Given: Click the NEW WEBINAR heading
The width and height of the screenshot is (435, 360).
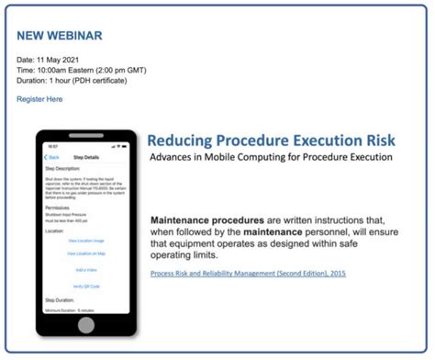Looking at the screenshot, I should pos(60,36).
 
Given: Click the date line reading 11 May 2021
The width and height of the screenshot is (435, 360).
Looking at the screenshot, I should pos(56,60).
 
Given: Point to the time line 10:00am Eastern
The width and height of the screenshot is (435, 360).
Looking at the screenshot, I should pos(81,70).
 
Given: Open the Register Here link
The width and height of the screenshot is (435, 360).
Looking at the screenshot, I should pos(39,99).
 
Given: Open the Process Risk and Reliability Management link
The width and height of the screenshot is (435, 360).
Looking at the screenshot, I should pos(248,274).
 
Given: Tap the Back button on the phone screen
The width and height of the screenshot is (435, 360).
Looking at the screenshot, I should pos(53,157).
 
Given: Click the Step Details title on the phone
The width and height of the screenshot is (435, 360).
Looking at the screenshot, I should pos(86,157).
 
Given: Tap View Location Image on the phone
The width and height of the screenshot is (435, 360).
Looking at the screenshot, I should pos(86,241).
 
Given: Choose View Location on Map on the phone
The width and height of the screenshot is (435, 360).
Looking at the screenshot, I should pos(86,254).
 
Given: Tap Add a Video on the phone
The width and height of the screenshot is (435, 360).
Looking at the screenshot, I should pos(86,269).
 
